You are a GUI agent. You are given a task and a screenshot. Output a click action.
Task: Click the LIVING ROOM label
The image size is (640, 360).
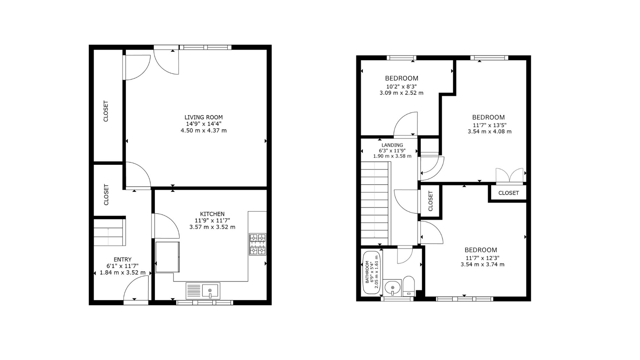[204, 117]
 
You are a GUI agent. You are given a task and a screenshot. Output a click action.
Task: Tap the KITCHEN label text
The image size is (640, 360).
[212, 214]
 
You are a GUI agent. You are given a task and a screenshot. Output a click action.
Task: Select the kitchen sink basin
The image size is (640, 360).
[210, 291]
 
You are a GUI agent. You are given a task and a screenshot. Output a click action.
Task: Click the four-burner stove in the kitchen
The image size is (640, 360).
[258, 244]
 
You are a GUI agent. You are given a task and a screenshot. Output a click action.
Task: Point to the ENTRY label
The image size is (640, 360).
[123, 260]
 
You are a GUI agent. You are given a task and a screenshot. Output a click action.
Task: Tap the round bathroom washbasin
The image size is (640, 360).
[392, 287]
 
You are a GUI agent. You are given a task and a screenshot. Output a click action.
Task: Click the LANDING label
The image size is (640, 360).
[392, 145]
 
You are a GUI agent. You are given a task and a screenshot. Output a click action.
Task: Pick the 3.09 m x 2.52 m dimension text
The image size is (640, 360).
[401, 93]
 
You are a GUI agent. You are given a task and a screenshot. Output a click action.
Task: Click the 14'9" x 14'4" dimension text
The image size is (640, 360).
[204, 124]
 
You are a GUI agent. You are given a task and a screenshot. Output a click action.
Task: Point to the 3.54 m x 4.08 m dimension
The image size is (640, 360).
[490, 132]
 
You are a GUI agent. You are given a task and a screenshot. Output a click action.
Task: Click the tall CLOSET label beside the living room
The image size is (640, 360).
[106, 111]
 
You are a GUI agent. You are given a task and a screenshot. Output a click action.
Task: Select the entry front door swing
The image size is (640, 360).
[136, 289]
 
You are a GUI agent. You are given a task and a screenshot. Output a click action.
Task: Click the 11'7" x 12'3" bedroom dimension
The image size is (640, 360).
[483, 258]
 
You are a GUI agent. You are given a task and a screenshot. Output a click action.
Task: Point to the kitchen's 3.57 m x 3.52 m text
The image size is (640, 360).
[212, 227]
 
